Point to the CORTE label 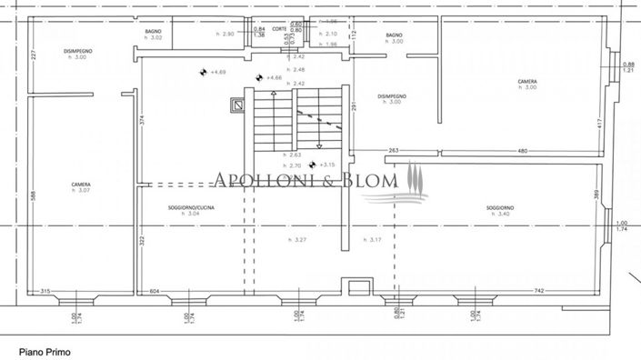point(279,29)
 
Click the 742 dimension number point(539,290)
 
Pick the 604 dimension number point(154,290)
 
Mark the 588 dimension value point(32,195)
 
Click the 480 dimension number point(522,151)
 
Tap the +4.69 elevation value point(217,72)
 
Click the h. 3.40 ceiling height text point(500,215)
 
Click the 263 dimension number point(394,151)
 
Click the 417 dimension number point(599,124)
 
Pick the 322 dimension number point(143,242)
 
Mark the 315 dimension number point(45,290)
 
